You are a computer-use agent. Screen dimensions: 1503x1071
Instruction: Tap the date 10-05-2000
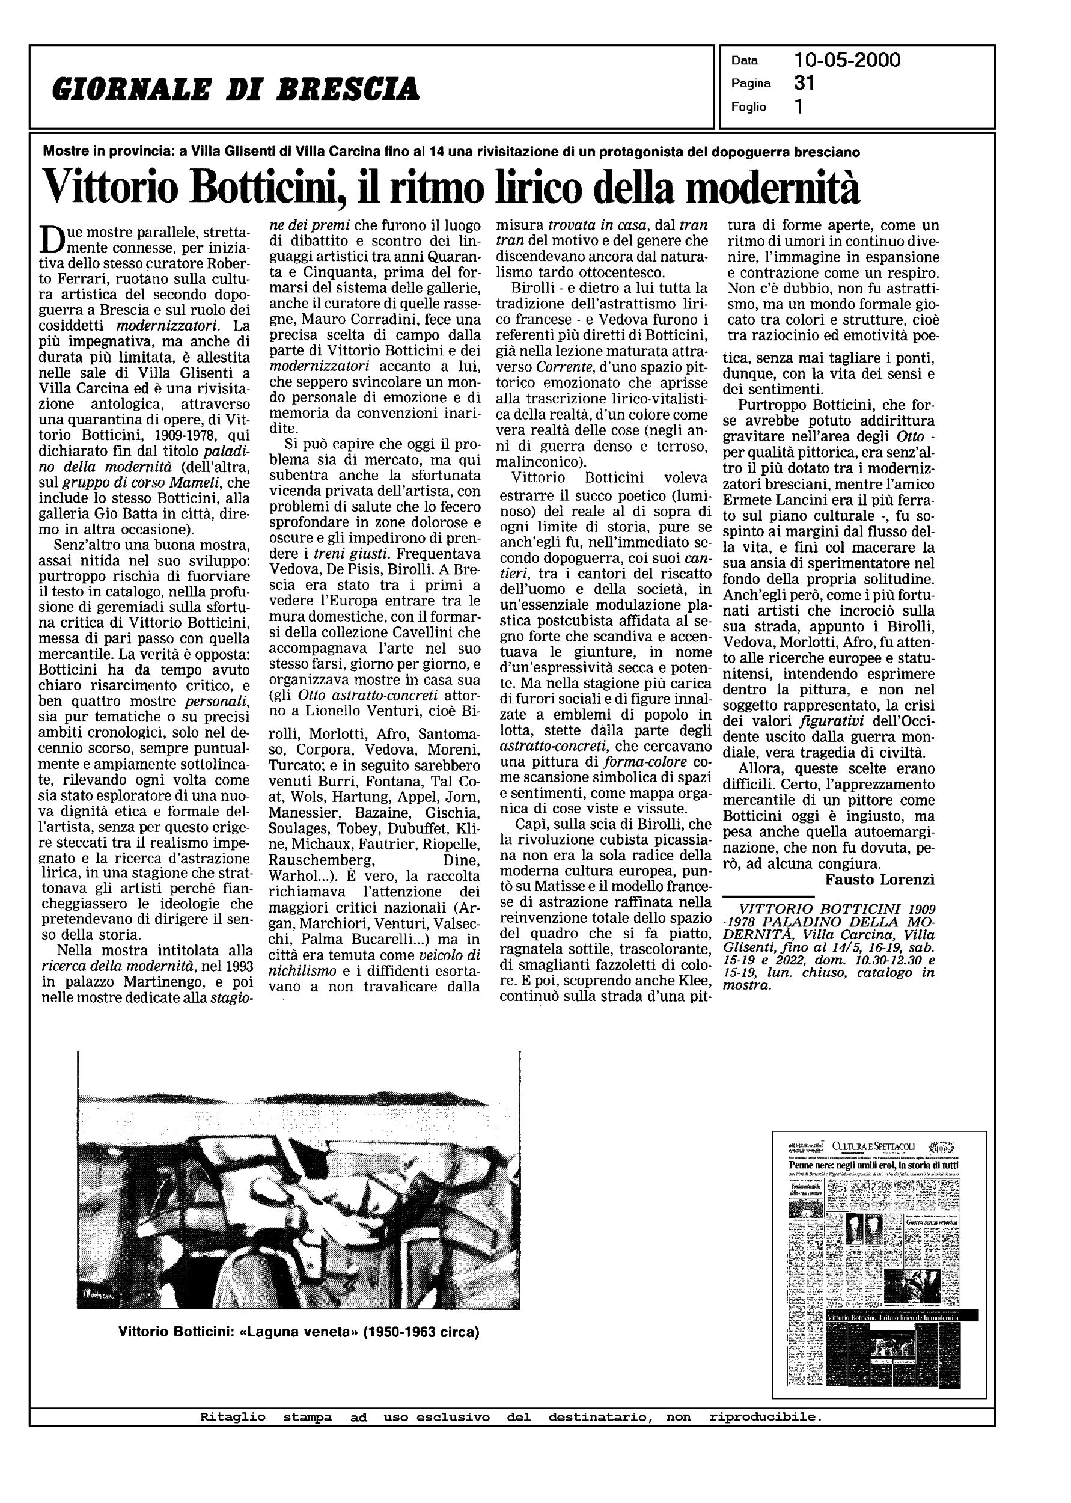(847, 61)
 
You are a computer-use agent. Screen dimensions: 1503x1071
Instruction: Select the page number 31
(805, 83)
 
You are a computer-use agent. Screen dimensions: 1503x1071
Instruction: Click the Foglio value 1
(799, 107)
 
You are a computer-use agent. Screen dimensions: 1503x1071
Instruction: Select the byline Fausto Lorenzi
(880, 880)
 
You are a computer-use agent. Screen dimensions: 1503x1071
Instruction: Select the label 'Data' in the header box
(745, 61)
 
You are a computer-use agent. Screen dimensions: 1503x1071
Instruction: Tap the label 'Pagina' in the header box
(751, 84)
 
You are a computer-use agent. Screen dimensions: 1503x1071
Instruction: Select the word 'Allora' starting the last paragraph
(764, 768)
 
